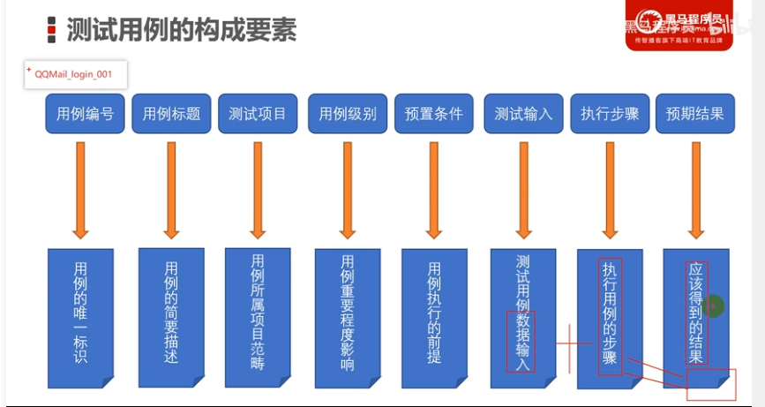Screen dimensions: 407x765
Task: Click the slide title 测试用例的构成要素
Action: point(181,29)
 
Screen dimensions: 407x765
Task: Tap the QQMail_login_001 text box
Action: point(76,74)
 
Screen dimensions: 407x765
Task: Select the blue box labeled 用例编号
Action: point(85,114)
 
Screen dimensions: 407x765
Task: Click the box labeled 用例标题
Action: point(171,114)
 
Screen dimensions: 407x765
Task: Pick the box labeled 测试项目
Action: point(258,114)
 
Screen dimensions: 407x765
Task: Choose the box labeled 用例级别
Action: point(348,114)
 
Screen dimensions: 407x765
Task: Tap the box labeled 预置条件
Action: point(433,114)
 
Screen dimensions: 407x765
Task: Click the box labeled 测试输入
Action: point(523,114)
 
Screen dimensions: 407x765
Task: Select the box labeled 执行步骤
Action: point(610,114)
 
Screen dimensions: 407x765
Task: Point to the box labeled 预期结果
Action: point(695,114)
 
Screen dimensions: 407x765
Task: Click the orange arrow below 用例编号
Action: point(80,190)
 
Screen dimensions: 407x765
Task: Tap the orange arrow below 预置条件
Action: point(433,190)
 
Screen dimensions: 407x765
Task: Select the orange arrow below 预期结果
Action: point(696,190)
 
